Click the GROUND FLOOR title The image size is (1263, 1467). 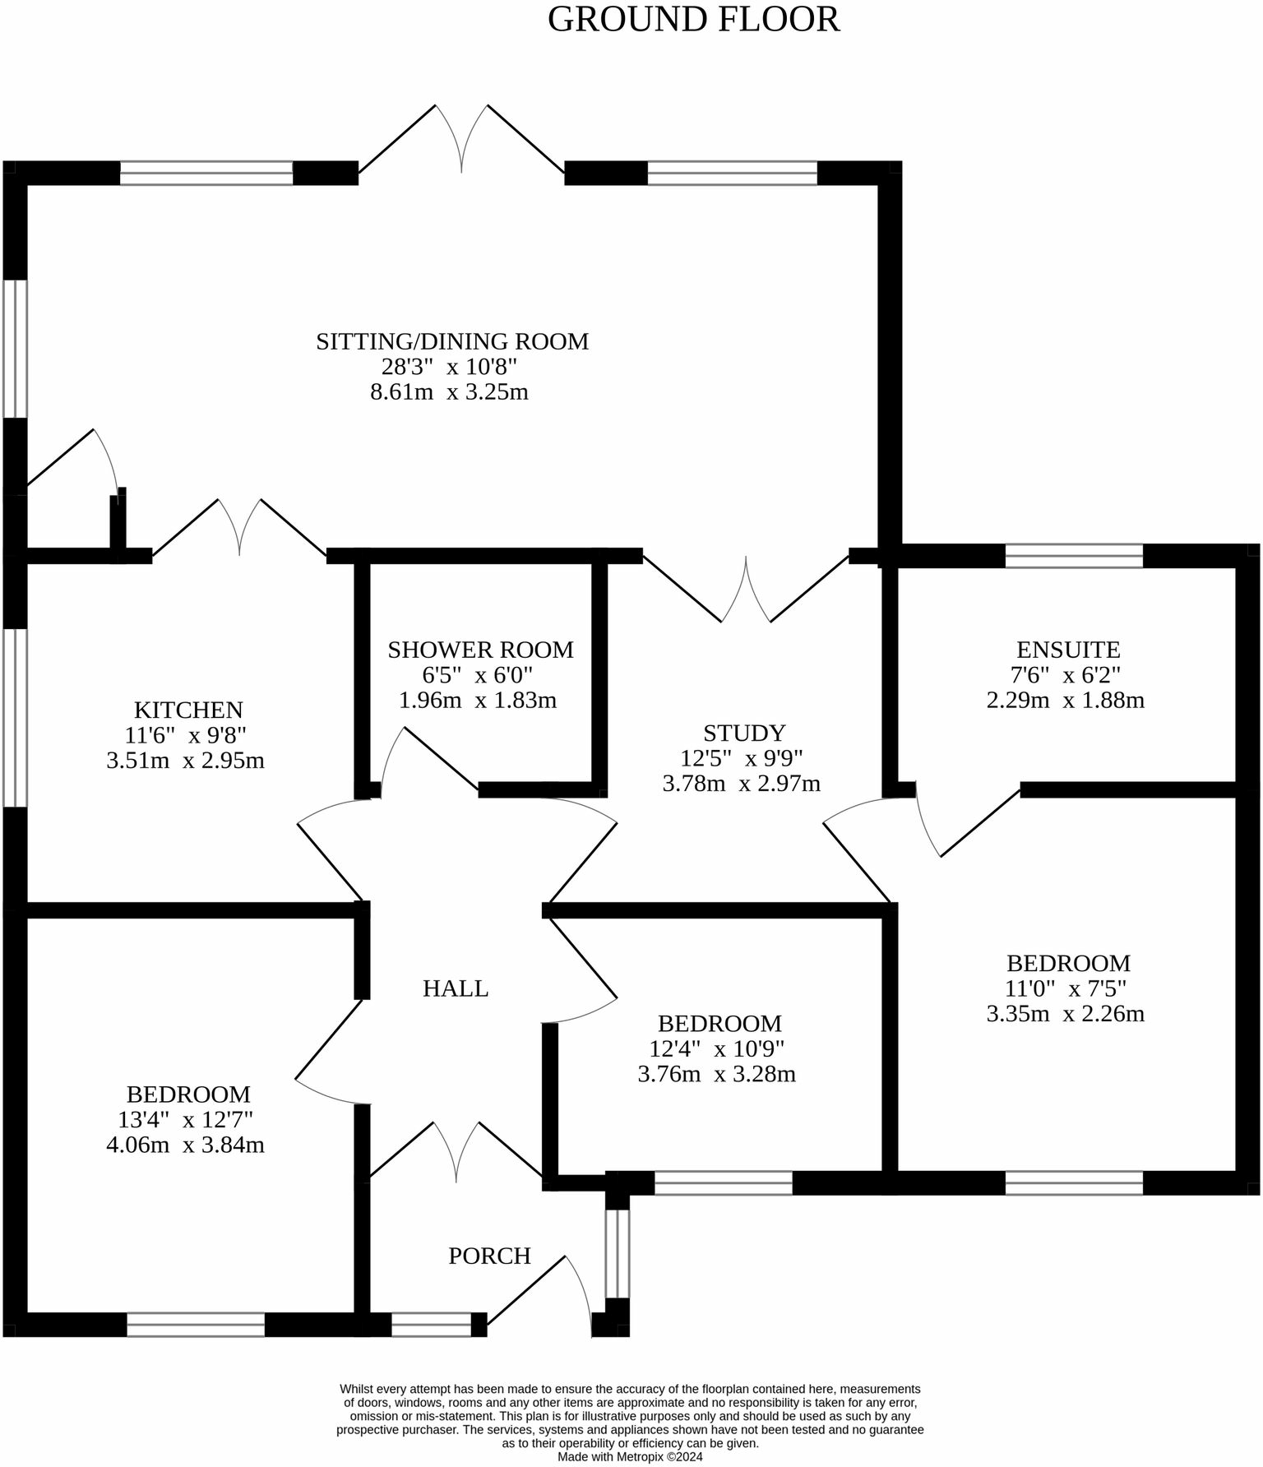click(693, 20)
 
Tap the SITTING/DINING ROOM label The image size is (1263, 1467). click(452, 341)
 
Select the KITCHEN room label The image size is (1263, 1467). click(188, 710)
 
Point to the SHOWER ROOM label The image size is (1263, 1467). click(480, 650)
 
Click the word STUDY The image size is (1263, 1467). click(744, 733)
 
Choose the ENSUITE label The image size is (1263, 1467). click(1067, 650)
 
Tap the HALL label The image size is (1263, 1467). click(455, 988)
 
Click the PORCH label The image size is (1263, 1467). click(489, 1256)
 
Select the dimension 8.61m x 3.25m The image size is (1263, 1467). click(449, 392)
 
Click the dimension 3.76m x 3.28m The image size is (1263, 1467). click(716, 1074)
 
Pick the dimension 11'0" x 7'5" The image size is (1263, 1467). click(1066, 988)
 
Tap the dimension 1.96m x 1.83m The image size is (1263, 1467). click(477, 701)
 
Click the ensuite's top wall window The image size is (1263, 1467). click(1074, 556)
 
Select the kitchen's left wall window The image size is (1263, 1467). click(15, 717)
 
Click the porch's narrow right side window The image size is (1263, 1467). click(617, 1253)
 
